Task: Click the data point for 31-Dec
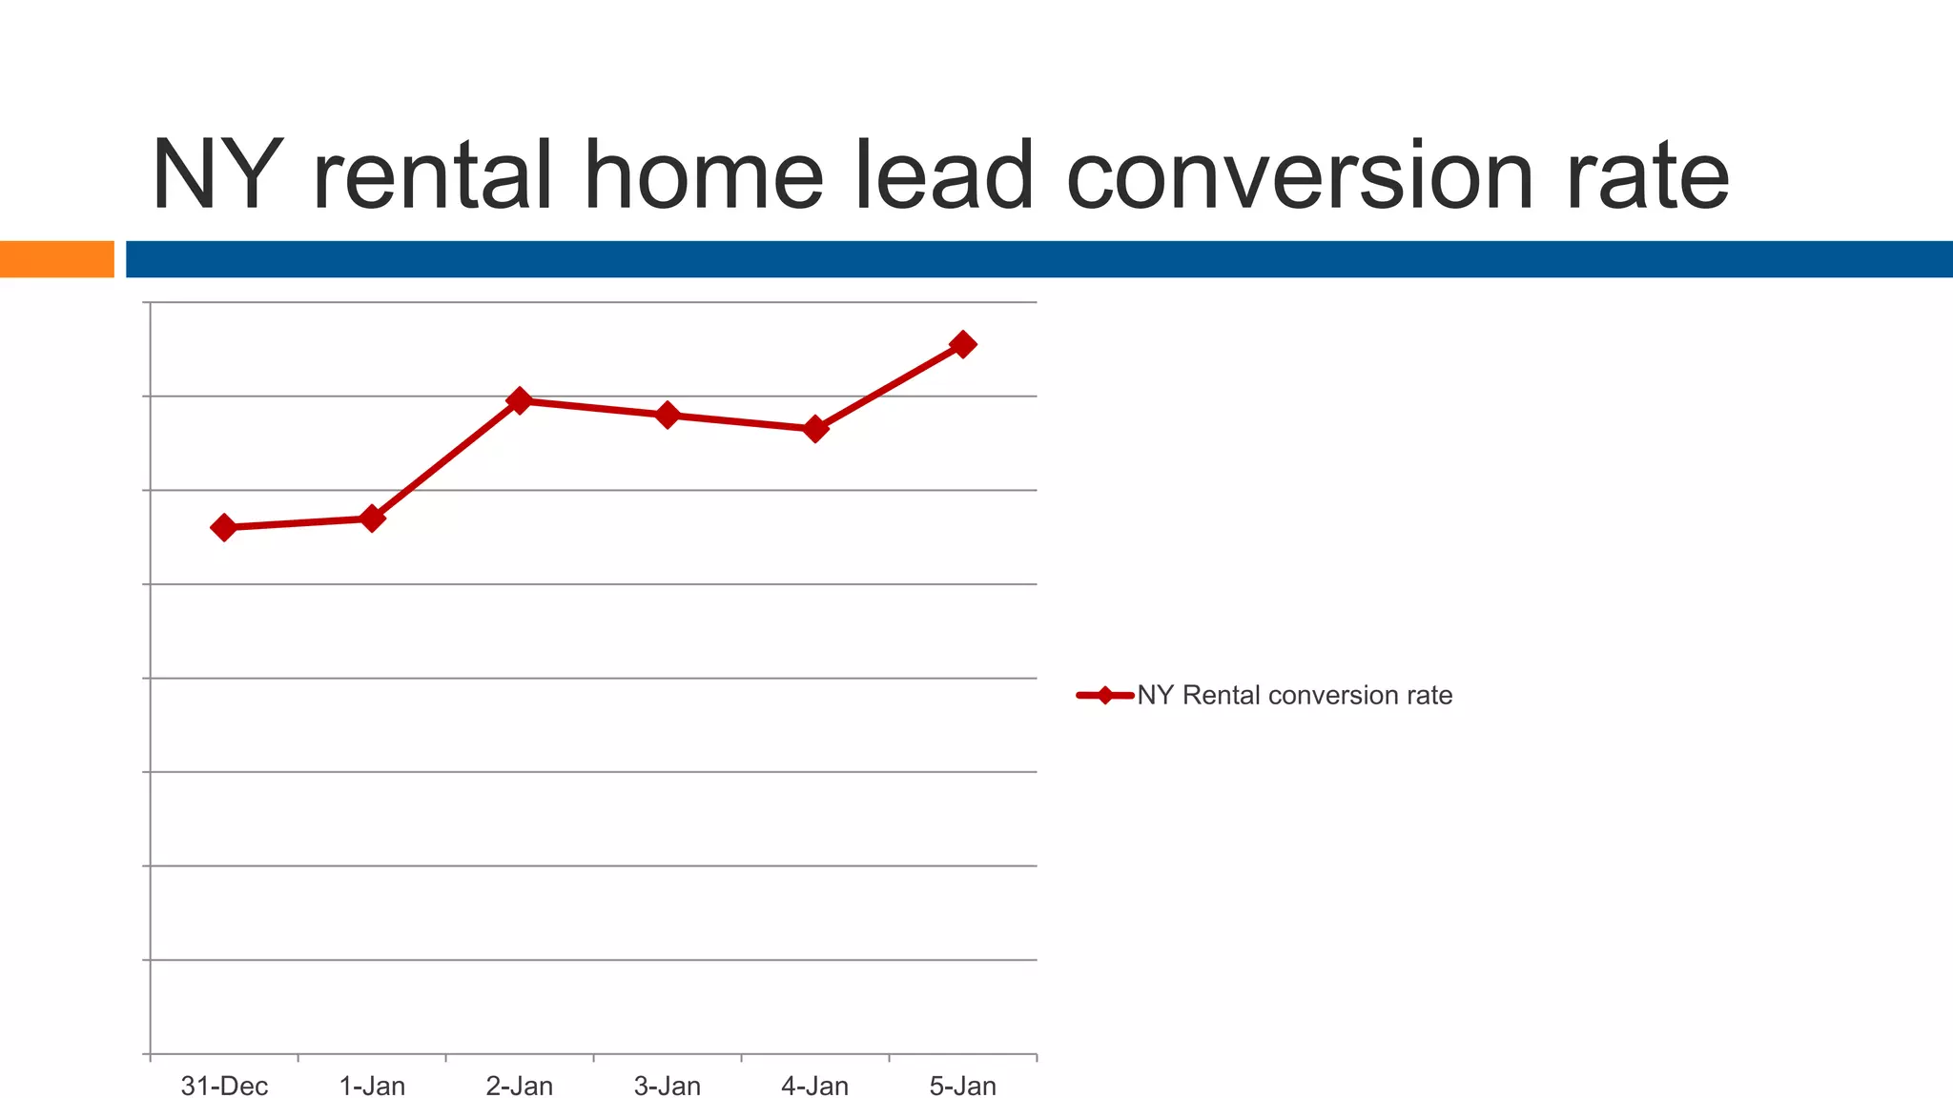(224, 527)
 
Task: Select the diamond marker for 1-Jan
(372, 518)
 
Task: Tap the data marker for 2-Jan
(520, 400)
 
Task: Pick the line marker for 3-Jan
(668, 415)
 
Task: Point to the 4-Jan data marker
(815, 429)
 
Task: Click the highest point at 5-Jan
(963, 344)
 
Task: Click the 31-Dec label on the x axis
(224, 1086)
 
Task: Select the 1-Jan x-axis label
(372, 1086)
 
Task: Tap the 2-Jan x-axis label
(520, 1086)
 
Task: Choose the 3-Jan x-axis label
(668, 1086)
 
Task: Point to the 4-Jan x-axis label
(815, 1086)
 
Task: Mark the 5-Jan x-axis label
(963, 1086)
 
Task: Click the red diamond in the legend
(1104, 696)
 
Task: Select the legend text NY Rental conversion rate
(1294, 696)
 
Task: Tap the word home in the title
(703, 177)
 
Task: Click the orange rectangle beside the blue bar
(56, 259)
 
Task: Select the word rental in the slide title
(432, 177)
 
